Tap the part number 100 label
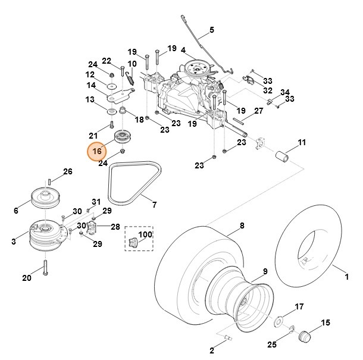145,235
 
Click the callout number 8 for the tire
242,226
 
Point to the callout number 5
212,30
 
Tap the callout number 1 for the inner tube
348,277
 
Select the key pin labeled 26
51,180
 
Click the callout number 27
259,111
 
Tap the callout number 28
115,227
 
